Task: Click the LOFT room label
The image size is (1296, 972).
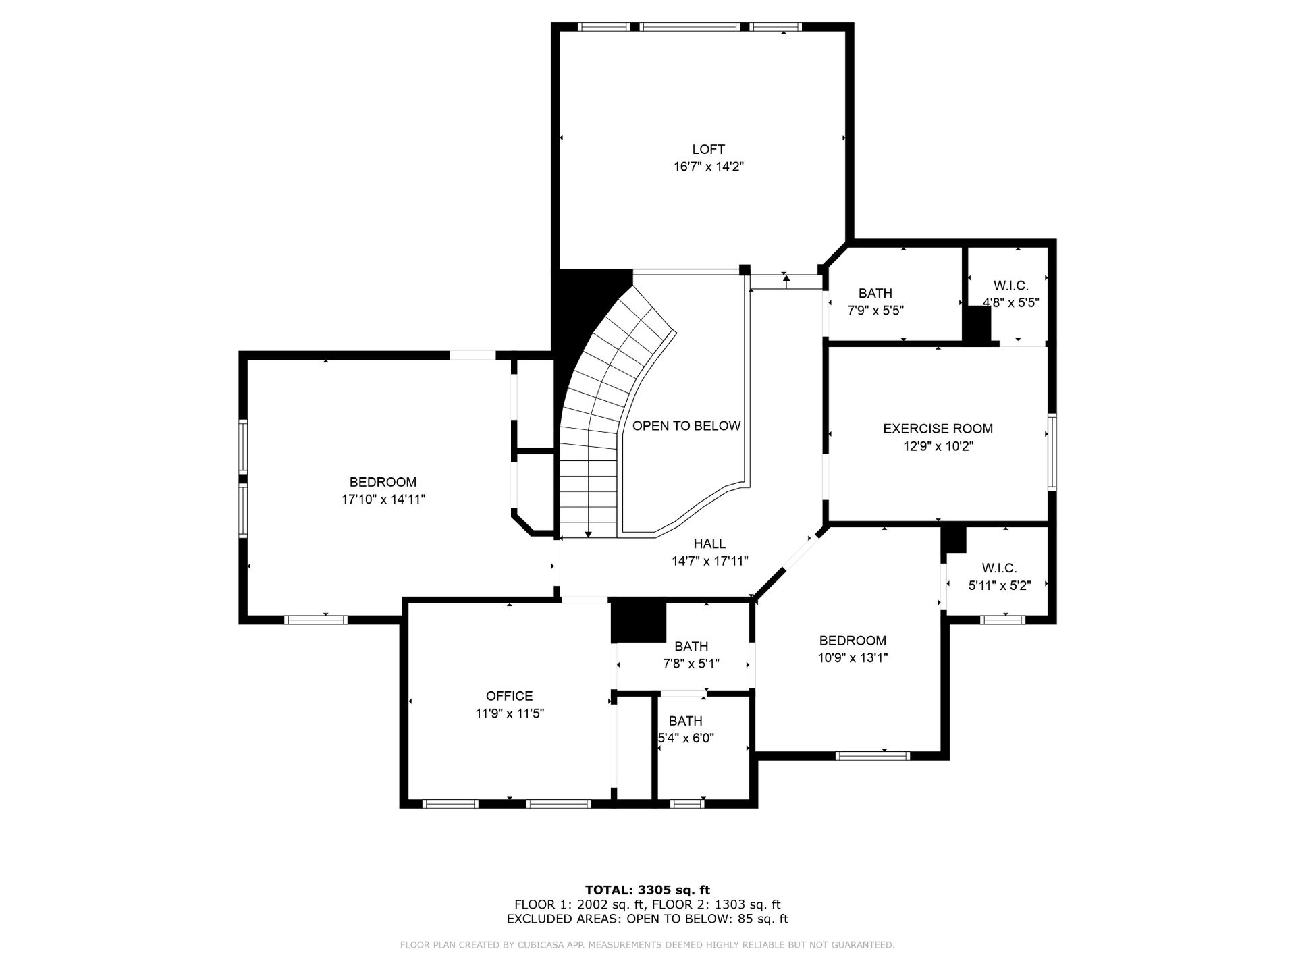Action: [708, 149]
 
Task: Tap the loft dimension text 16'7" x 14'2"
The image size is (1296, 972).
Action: [708, 167]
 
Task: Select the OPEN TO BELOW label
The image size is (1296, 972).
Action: [686, 426]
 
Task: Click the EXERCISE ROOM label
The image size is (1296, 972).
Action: [938, 429]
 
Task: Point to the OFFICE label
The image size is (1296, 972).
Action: [510, 696]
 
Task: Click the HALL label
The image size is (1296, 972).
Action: [709, 543]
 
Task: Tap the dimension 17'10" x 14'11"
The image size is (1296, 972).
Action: [383, 500]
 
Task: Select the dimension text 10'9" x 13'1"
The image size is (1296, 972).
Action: [853, 658]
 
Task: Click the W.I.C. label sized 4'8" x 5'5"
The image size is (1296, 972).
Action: [1010, 286]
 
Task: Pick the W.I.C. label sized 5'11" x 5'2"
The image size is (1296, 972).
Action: [999, 568]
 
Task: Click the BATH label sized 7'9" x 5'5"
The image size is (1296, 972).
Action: [875, 293]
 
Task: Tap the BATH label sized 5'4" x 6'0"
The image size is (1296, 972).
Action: [686, 721]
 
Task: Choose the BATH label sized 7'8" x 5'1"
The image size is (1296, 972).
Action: [691, 647]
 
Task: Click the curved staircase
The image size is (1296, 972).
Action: [607, 412]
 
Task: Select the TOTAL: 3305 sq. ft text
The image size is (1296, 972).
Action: [647, 890]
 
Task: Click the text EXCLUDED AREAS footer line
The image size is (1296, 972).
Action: [647, 919]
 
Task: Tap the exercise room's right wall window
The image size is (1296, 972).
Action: [1052, 451]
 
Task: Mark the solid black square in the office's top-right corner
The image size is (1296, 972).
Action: [638, 620]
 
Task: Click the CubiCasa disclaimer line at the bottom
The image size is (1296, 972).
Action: [647, 945]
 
